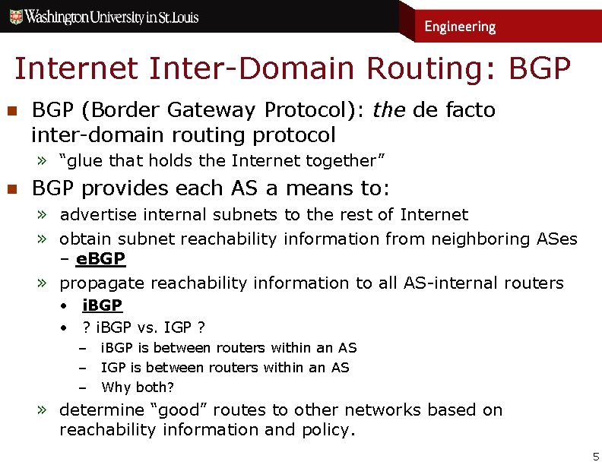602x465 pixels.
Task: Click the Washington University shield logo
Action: tap(15, 16)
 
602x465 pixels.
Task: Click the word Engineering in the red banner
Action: tap(460, 27)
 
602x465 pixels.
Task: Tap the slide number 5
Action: tap(595, 456)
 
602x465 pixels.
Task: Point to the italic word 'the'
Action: tap(388, 110)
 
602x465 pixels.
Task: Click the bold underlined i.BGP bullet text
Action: tap(102, 305)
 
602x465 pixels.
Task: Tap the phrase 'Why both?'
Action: tap(138, 387)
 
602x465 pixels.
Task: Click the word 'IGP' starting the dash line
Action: tap(112, 367)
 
